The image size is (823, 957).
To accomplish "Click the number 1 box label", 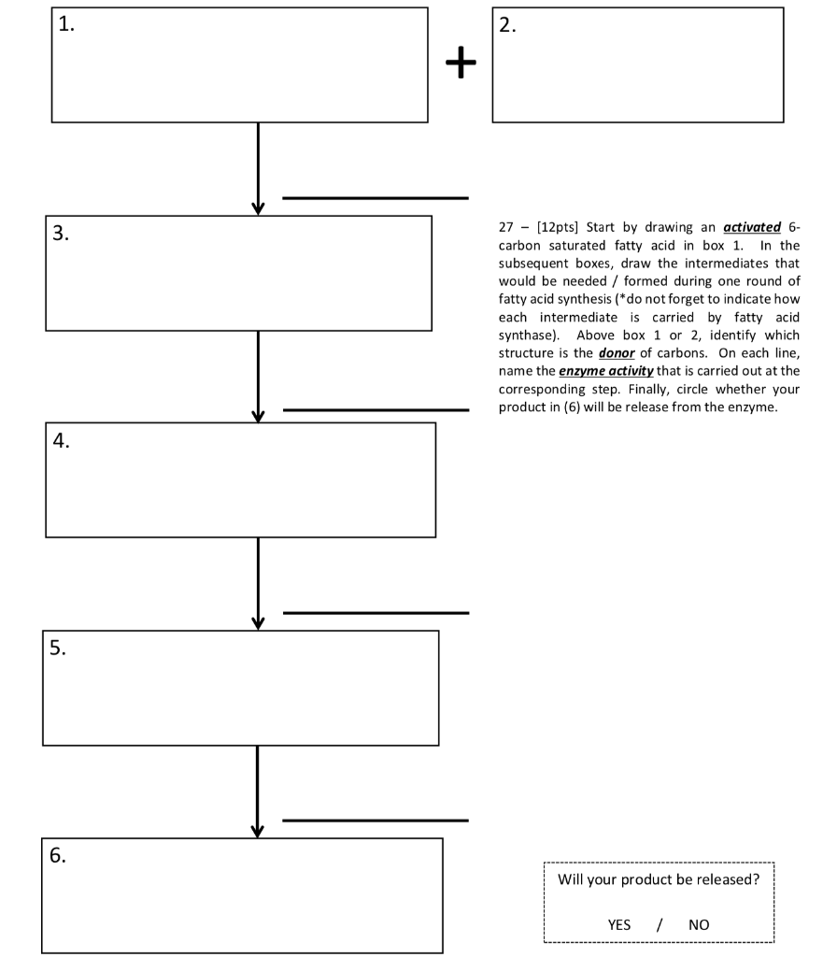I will click(66, 26).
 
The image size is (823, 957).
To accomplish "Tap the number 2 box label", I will click(507, 26).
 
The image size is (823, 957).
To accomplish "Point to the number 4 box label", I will click(61, 442).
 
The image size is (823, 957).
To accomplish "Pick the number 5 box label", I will click(58, 650).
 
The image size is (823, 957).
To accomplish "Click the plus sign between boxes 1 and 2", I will click(460, 63).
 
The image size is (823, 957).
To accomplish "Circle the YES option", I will click(619, 925).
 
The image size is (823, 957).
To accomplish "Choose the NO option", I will click(699, 925).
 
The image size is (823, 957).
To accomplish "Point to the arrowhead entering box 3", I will click(258, 207).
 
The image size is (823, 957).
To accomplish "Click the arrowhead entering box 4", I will click(258, 415).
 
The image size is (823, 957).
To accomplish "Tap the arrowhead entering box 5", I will click(258, 622).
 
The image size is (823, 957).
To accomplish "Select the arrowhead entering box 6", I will click(258, 830).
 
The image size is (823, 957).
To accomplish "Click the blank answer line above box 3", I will click(375, 198).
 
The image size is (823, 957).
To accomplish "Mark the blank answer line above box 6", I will click(375, 821).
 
